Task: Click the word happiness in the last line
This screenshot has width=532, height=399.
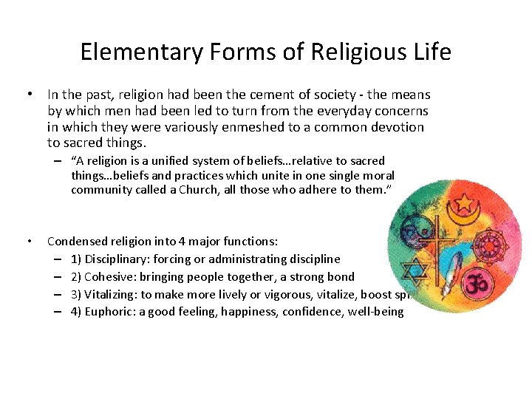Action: [263, 312]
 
